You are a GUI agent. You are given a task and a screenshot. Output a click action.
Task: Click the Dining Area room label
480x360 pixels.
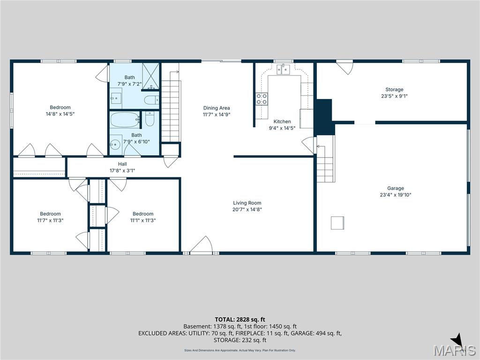click(217, 108)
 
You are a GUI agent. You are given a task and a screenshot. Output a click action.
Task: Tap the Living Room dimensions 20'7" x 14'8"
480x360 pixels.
click(247, 210)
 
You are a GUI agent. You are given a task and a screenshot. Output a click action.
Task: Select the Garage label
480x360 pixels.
click(396, 188)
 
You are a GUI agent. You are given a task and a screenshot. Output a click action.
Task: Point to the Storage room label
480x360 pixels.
click(394, 90)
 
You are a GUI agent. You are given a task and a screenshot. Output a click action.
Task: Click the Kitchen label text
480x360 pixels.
click(282, 121)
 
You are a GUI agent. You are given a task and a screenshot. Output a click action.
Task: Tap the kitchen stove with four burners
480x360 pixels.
click(262, 99)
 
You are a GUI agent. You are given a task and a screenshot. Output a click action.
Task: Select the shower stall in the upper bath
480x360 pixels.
click(151, 76)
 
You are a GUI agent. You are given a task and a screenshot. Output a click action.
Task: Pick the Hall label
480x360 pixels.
click(122, 164)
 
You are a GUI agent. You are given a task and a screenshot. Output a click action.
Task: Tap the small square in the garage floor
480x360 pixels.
click(337, 223)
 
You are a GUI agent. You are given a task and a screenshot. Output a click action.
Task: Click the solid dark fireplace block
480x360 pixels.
click(324, 117)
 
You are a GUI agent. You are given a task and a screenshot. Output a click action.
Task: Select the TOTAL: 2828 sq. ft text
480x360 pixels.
click(240, 320)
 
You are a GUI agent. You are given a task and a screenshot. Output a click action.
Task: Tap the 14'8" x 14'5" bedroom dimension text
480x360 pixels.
click(60, 114)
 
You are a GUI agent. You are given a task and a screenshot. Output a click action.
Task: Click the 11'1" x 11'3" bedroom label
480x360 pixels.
click(143, 220)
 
